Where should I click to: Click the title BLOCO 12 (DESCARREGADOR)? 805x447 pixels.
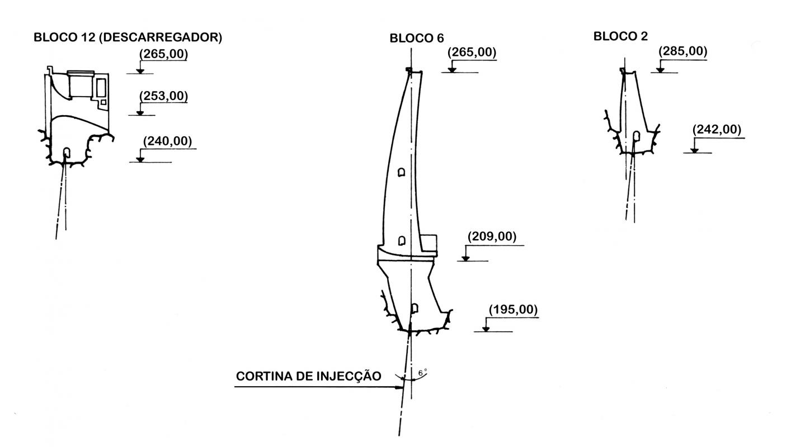pos(128,38)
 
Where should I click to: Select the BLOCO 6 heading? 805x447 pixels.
pos(416,39)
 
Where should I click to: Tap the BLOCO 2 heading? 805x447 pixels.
pos(620,37)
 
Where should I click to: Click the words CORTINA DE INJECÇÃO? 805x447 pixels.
pos(309,377)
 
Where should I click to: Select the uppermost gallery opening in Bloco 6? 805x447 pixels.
pos(401,173)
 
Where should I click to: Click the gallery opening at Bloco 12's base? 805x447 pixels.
pos(67,152)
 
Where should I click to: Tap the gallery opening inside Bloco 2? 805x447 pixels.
pos(636,136)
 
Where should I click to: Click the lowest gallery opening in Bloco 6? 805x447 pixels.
pos(415,308)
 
